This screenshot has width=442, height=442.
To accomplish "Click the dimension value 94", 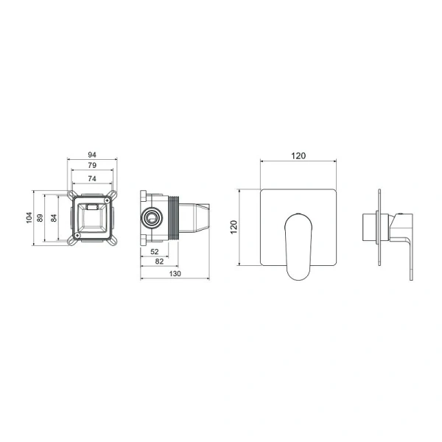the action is coord(92,155).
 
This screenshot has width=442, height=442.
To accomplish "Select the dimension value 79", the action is coord(92,165).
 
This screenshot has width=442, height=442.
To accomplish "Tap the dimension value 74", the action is coord(92,178).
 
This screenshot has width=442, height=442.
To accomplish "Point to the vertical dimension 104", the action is coord(29,217).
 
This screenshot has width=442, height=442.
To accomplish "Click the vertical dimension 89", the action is coord(40,218).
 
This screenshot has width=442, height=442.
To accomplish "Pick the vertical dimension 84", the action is coord(54,218).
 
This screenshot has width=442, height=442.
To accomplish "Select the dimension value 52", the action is coord(155,251).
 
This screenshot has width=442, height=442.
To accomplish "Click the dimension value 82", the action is coord(159,262).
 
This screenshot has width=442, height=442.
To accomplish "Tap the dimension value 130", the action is coord(175,274).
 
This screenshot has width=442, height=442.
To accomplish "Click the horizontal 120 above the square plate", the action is coord(298,155).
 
